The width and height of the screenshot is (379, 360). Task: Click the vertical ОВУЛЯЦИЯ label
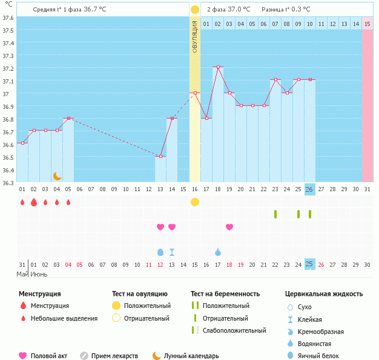195,36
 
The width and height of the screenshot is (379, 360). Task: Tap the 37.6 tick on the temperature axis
8,18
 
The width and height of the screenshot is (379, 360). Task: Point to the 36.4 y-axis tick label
8,170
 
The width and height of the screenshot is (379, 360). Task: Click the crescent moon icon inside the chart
58,175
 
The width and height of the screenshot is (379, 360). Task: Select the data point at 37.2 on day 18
218,67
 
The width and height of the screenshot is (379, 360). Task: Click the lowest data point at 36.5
160,157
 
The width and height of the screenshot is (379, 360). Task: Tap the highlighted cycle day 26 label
309,189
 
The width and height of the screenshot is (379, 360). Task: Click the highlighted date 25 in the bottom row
309,264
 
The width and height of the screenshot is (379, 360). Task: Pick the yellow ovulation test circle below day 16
195,202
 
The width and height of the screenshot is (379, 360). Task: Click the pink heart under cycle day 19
229,227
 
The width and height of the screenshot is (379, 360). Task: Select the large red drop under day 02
34,202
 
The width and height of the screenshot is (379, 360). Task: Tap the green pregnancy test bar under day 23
275,214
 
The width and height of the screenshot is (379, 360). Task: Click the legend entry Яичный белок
323,356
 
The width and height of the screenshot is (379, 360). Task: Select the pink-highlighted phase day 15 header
367,24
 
